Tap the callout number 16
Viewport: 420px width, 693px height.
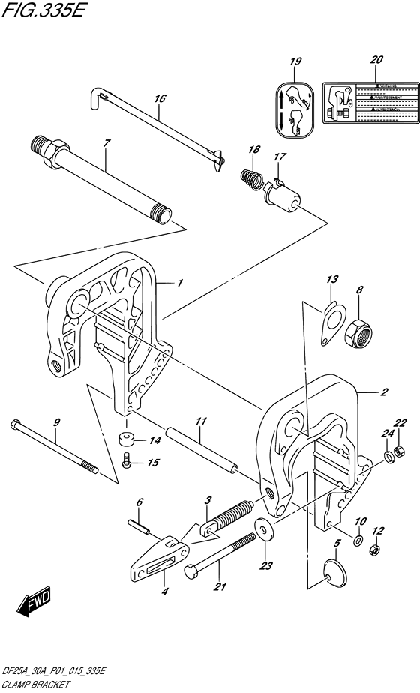159,97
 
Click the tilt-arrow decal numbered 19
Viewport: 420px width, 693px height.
295,112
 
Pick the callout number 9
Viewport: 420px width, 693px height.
56,422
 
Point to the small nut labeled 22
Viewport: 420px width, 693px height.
400,452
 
